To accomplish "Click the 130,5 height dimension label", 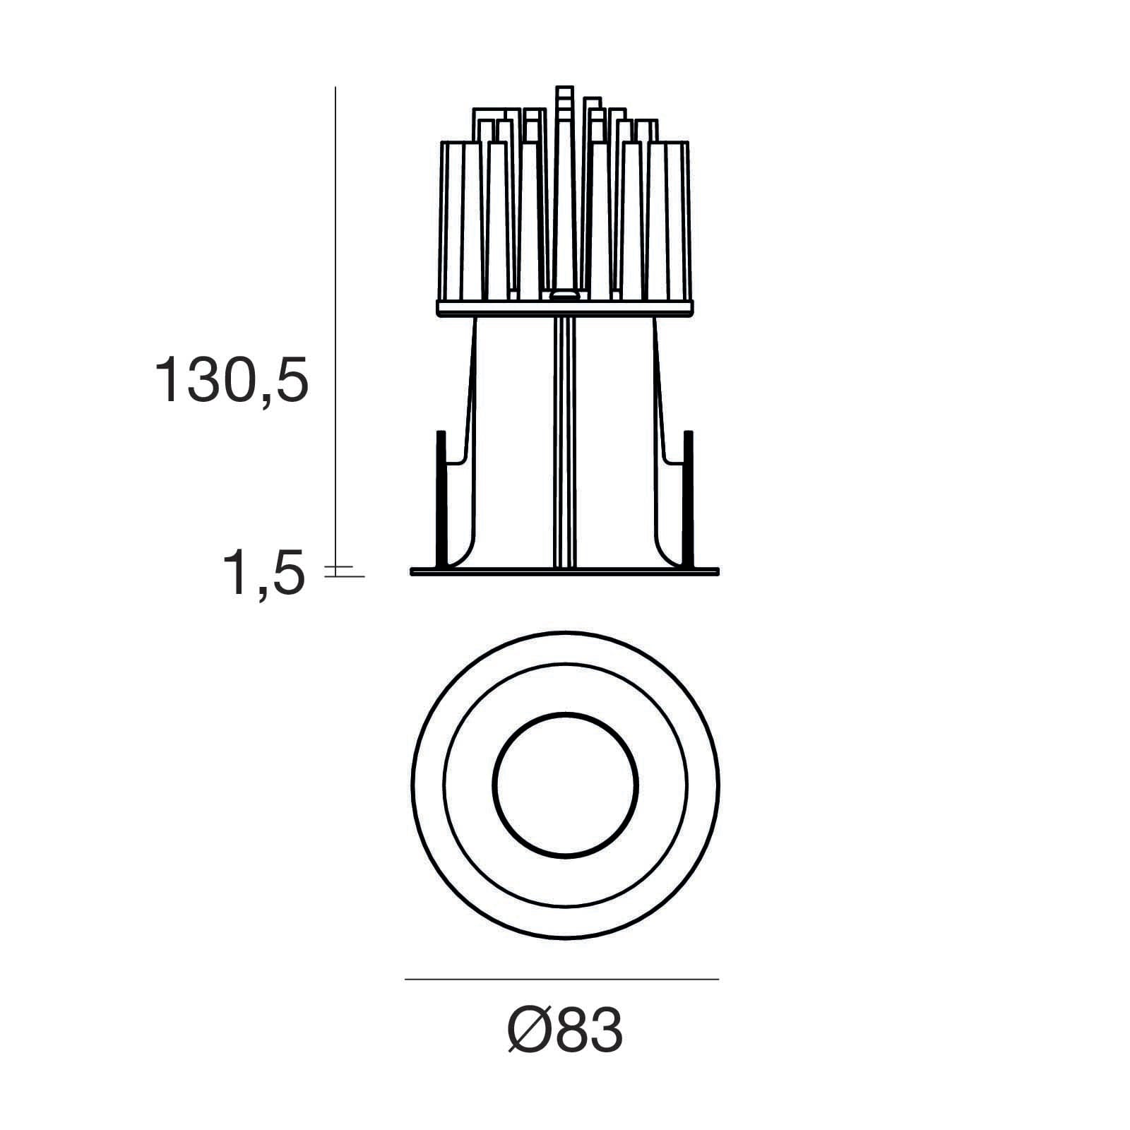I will tap(232, 380).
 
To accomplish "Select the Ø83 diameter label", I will tap(565, 1030).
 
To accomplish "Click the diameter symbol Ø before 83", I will tap(529, 1030).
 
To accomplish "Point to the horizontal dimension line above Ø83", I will tap(561, 979).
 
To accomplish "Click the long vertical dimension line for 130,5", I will tap(335, 318).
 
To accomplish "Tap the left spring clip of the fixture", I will tap(442, 494).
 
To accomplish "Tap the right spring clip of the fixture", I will tap(688, 494).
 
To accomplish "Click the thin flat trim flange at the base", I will tap(565, 571).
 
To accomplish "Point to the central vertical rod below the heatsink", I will tap(564, 438).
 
